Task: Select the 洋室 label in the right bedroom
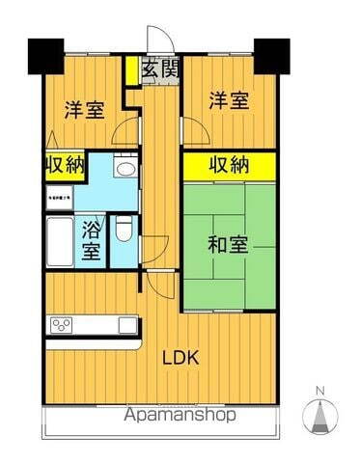230,101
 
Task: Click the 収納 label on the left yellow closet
65,165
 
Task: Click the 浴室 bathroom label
91,240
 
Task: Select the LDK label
180,358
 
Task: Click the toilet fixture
124,228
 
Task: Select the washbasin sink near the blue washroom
124,168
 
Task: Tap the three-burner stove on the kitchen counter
62,324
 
